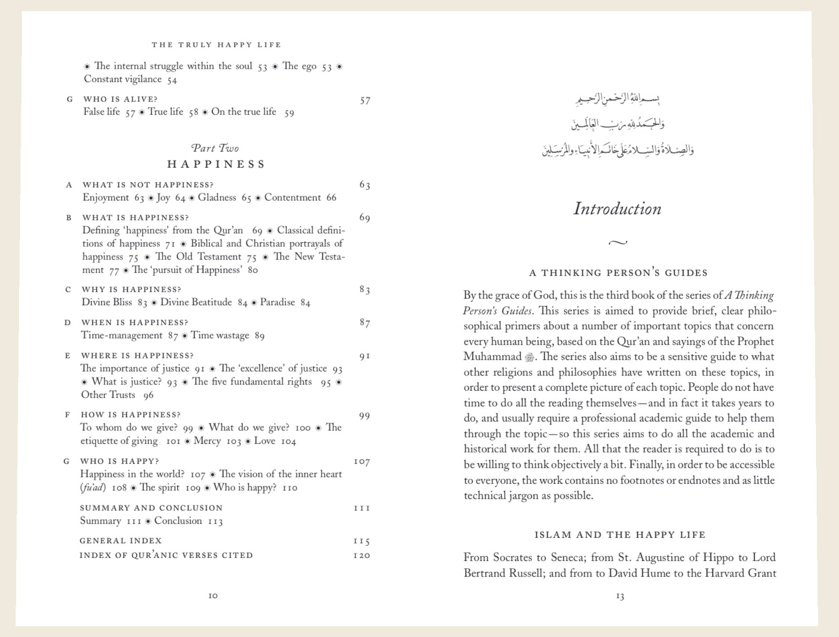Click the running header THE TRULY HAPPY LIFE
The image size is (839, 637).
[216, 45]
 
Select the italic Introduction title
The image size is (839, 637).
[617, 209]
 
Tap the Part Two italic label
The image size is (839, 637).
[215, 148]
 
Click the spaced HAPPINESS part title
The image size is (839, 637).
[216, 164]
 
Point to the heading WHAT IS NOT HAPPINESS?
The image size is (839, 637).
[148, 185]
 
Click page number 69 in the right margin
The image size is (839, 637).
[365, 218]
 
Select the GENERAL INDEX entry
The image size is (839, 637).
[121, 540]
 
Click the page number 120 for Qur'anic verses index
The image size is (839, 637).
[362, 556]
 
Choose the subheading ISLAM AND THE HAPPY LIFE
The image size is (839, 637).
[620, 535]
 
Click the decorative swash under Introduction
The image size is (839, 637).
[618, 242]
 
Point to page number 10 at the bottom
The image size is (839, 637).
[213, 596]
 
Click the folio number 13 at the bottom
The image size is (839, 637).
[620, 596]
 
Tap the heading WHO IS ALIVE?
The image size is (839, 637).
[120, 99]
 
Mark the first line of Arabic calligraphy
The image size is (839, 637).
[618, 100]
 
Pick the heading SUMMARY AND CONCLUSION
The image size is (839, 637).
[151, 508]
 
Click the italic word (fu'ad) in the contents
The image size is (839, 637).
[93, 487]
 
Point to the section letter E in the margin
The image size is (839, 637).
[68, 356]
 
